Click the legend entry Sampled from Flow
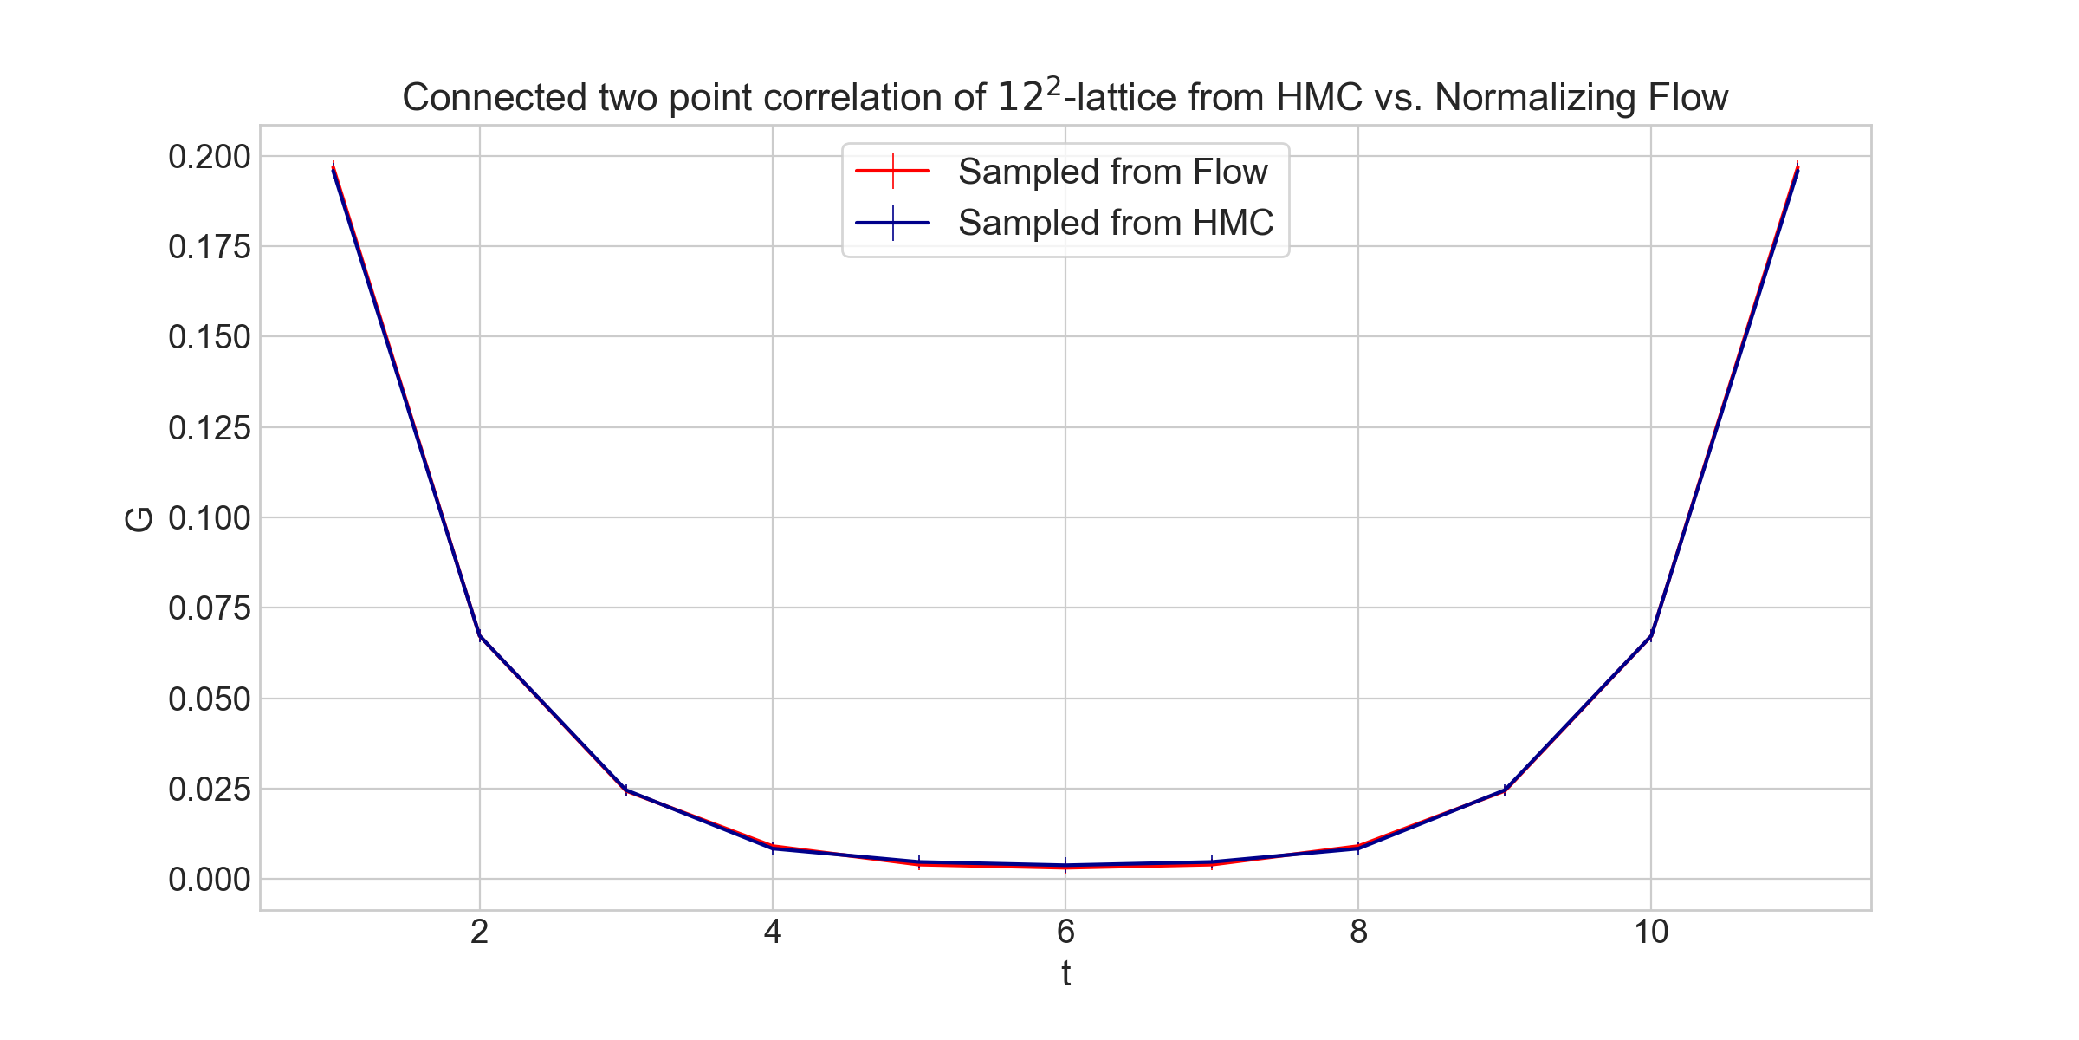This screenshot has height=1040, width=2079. (x=1112, y=172)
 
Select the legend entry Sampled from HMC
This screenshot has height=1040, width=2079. (x=1116, y=223)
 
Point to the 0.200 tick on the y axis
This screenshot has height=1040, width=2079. (x=209, y=157)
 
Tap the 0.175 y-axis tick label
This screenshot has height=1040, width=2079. (x=209, y=247)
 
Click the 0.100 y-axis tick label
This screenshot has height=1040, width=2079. (x=209, y=518)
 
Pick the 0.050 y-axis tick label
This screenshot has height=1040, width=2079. (x=209, y=699)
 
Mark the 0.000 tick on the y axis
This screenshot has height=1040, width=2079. (x=209, y=880)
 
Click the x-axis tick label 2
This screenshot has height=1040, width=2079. (x=479, y=933)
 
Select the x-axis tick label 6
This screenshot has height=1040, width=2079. (x=1065, y=933)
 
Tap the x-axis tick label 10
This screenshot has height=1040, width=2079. (x=1651, y=933)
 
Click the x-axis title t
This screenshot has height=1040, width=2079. (x=1065, y=974)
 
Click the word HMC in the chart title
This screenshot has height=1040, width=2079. (x=1324, y=97)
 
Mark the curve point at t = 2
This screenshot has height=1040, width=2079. (x=480, y=636)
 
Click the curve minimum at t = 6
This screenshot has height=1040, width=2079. (x=1065, y=866)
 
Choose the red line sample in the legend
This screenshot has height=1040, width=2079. (x=893, y=172)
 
